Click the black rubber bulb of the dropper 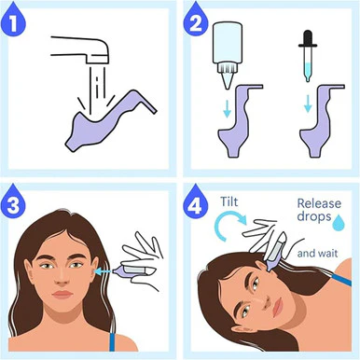(x=308, y=38)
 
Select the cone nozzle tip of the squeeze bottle (x=227, y=80)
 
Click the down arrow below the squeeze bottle (x=228, y=108)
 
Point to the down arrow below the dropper (x=308, y=104)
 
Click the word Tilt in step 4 (x=229, y=201)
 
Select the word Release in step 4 (x=319, y=203)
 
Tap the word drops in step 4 (x=313, y=216)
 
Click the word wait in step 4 (x=327, y=254)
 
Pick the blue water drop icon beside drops (x=339, y=223)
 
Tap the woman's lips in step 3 (x=62, y=295)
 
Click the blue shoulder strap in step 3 (x=112, y=341)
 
